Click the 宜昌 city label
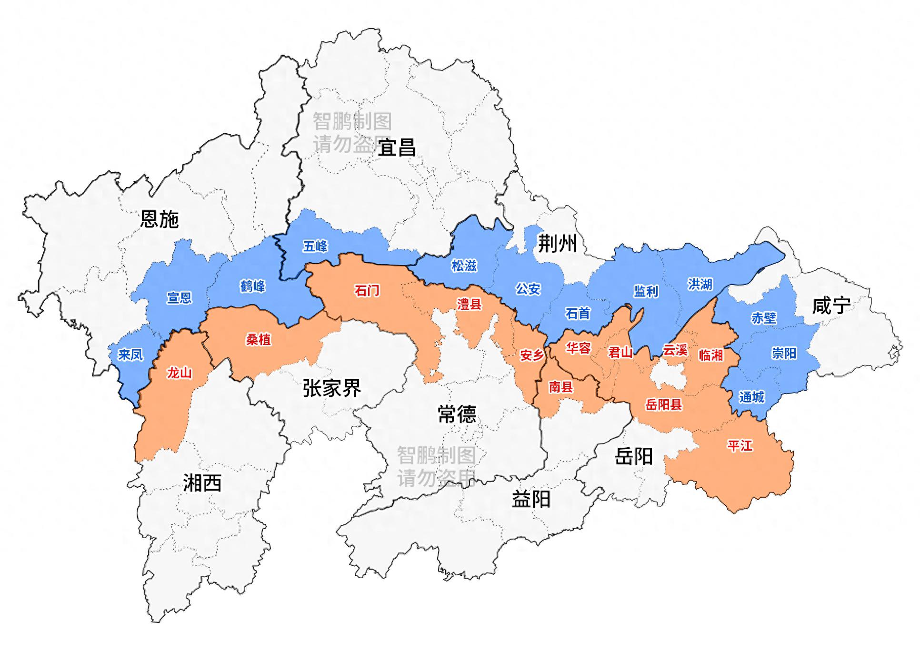pos(397,148)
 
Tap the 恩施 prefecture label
pos(160,219)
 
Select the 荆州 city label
pos(557,244)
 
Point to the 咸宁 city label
pos(831,305)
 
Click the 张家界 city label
pos(332,389)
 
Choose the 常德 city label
pos(457,414)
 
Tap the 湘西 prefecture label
pos(202,483)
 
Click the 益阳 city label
pos(531,500)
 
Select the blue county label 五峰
pos(315,246)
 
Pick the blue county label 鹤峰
pos(252,286)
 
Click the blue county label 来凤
pos(130,355)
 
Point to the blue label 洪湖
pos(700,284)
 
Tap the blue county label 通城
pos(751,396)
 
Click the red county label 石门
pos(367,290)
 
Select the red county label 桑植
pos(258,339)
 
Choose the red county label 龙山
pos(179,373)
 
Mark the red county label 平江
pos(740,446)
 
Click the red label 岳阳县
pos(663,404)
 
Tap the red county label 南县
pos(560,387)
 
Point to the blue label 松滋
pos(464,266)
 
